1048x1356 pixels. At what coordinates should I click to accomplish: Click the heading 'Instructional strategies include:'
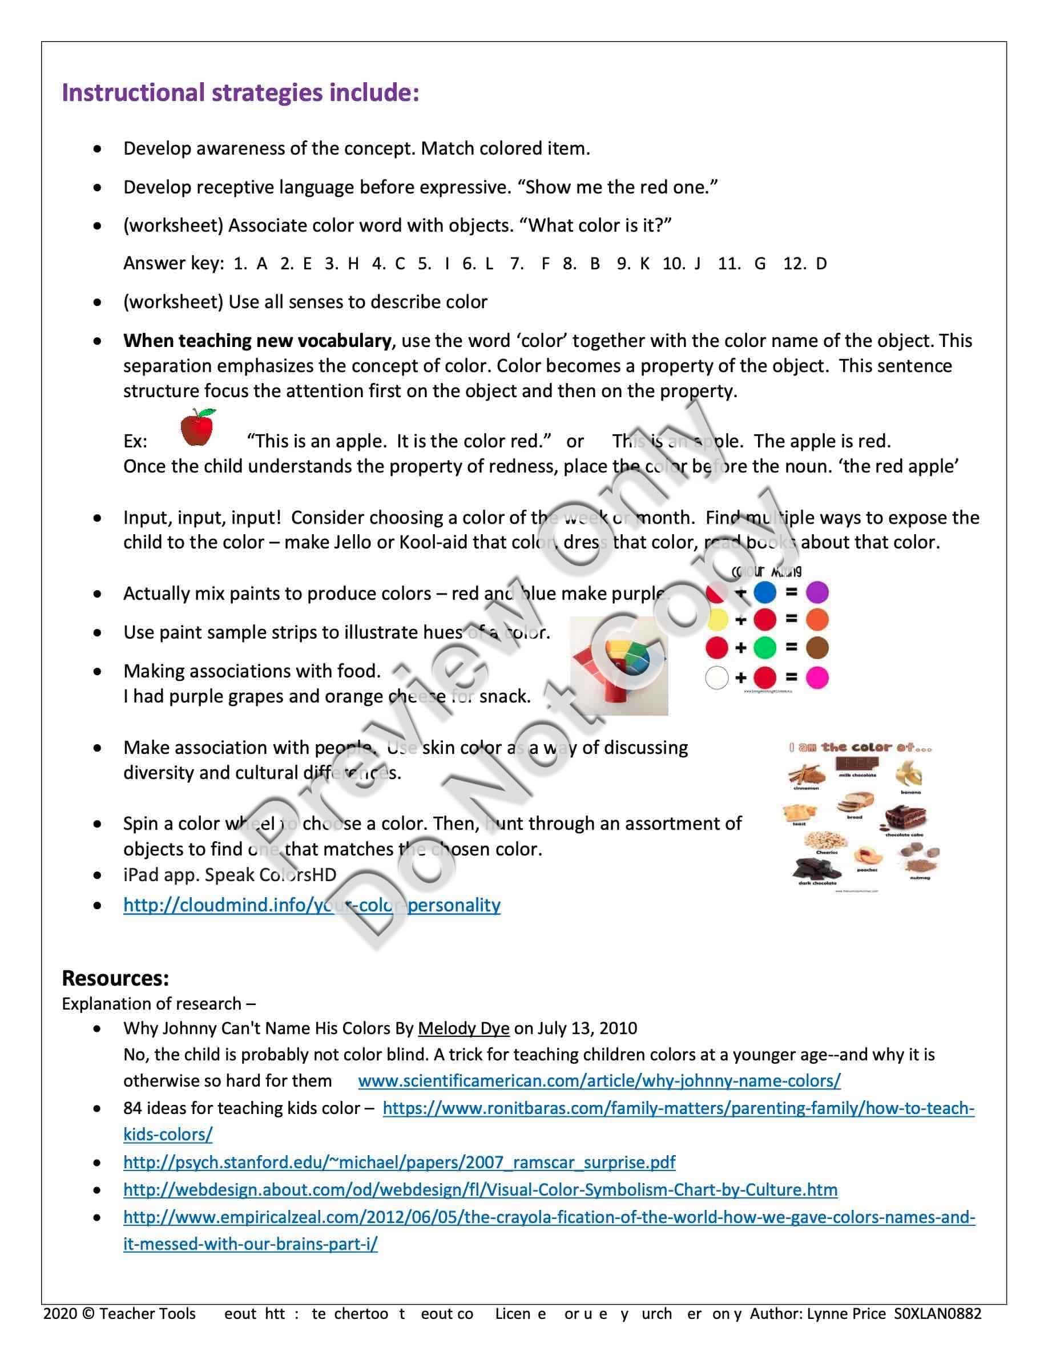point(240,93)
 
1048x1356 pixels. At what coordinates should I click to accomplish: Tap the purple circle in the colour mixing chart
point(817,592)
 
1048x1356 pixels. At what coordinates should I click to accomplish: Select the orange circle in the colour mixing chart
point(817,620)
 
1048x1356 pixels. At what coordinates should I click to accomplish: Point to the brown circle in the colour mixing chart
point(817,648)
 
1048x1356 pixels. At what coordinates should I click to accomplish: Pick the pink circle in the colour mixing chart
point(817,677)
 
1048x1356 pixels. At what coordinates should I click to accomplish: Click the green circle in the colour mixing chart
point(765,648)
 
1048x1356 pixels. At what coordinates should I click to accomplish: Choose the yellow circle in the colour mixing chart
point(717,620)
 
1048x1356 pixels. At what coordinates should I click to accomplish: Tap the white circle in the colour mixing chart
point(717,677)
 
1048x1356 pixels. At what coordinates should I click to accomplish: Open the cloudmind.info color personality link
point(312,905)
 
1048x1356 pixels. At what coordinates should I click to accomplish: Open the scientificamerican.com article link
point(599,1081)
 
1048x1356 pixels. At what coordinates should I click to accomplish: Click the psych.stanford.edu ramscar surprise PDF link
point(399,1163)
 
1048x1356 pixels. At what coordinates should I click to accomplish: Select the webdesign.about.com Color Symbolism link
point(480,1189)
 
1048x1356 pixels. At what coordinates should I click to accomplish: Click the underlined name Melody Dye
point(463,1029)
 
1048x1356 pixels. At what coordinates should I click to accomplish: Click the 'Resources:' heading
point(115,979)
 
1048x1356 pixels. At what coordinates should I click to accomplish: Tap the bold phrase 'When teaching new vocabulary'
point(257,341)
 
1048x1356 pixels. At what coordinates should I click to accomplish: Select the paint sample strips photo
point(619,665)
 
